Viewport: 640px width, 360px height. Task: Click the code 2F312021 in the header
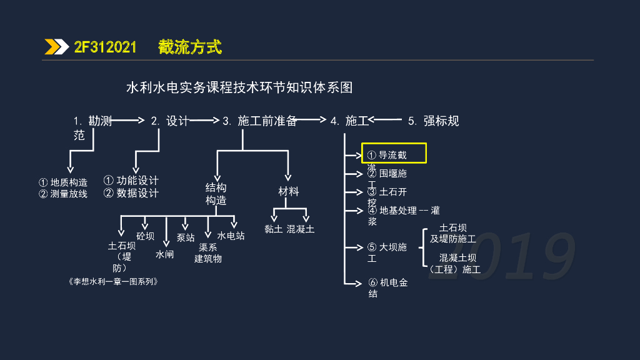[105, 47]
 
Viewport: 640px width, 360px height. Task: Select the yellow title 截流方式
[189, 47]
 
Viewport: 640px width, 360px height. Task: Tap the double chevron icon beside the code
[56, 47]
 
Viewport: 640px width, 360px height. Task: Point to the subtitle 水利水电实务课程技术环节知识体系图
[239, 87]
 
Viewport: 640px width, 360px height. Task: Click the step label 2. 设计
[169, 121]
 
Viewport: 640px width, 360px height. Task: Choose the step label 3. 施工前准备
[259, 121]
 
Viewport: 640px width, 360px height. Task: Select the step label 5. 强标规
[433, 121]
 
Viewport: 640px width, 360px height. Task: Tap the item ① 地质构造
[63, 182]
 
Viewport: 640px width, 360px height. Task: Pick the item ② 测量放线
[63, 194]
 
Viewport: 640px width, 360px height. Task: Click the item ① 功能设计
[131, 181]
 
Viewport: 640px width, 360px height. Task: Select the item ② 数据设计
[131, 193]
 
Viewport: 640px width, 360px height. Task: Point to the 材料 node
[289, 191]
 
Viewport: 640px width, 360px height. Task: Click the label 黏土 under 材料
[274, 229]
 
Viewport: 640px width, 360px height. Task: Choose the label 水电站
[231, 236]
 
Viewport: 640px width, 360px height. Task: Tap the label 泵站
[186, 238]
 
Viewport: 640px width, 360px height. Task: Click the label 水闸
[165, 254]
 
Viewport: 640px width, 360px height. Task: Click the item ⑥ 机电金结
[388, 287]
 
